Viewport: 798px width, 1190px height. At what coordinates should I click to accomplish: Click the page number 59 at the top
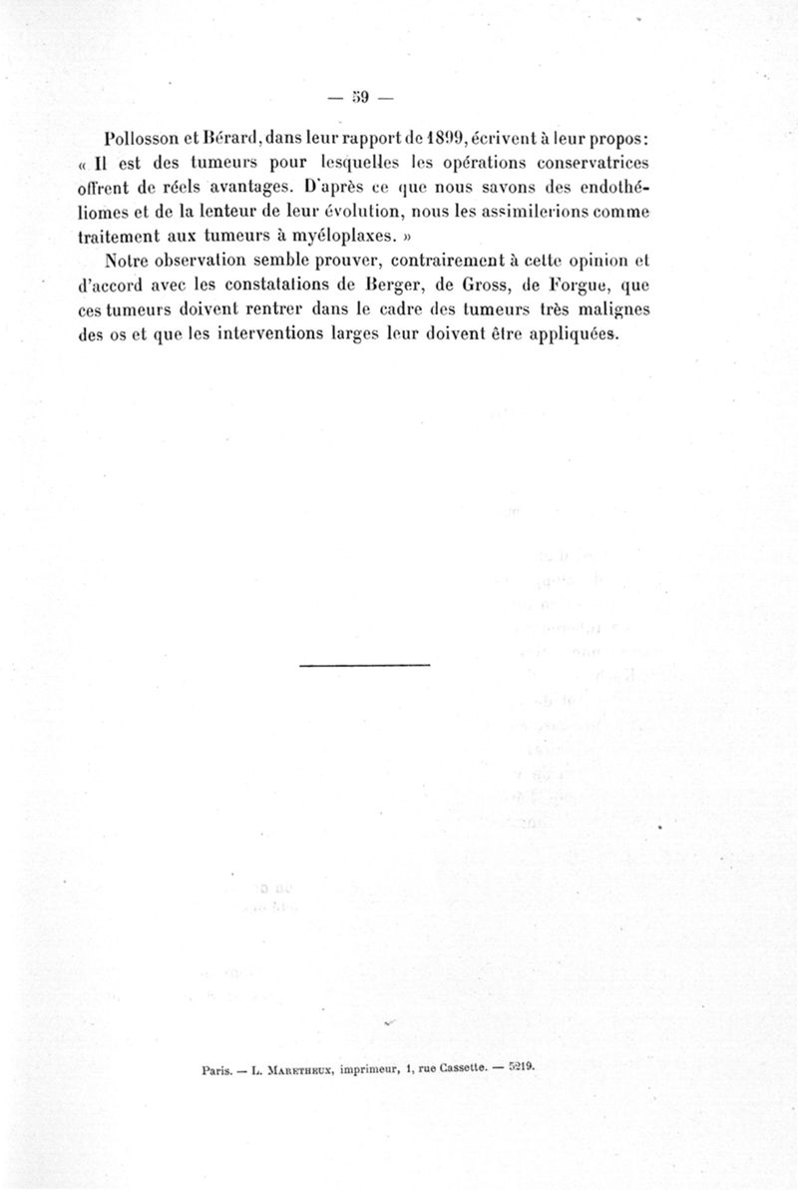click(360, 97)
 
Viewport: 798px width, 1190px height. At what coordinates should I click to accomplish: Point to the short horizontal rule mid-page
click(364, 665)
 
